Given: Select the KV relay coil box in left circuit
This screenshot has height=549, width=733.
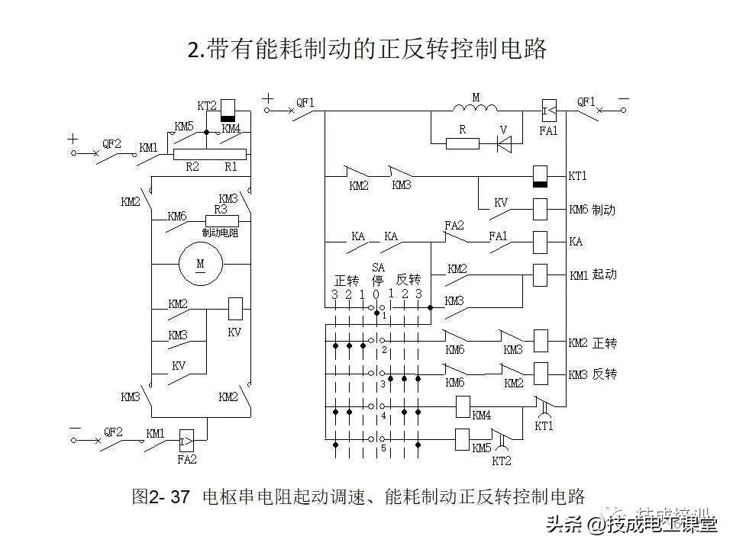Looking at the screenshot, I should (x=236, y=308).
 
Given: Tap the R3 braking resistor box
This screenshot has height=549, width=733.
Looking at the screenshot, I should (x=221, y=220).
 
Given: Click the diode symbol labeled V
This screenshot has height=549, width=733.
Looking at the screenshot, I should (x=503, y=143).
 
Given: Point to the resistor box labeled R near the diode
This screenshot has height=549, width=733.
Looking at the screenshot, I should (x=462, y=143).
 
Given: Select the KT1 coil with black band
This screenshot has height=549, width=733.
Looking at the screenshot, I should (x=540, y=176).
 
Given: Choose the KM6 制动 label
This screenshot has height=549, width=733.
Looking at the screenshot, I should (x=592, y=210).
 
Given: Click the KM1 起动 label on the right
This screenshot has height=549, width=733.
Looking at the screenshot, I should (x=593, y=274).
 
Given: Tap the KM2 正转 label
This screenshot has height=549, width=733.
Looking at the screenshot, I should (x=593, y=343).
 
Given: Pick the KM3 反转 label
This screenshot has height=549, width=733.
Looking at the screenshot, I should (x=593, y=374).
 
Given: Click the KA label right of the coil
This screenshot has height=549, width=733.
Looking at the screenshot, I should (x=576, y=242).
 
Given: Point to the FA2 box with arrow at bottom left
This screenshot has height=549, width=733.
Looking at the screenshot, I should (x=185, y=440).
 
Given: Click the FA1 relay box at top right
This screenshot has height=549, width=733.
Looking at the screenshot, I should (x=549, y=111).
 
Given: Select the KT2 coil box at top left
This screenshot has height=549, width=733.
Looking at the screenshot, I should (x=228, y=111).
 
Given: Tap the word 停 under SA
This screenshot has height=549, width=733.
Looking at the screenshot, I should (x=377, y=280).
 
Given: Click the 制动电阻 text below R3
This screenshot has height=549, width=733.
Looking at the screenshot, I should (x=220, y=233).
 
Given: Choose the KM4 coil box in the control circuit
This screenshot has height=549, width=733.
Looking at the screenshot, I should (x=462, y=407).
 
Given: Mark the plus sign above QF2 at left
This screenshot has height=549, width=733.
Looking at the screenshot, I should (x=73, y=139).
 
